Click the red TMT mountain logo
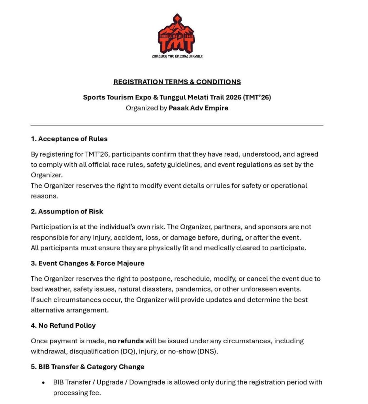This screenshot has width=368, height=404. [176, 35]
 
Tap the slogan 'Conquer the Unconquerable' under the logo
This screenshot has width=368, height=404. [177, 56]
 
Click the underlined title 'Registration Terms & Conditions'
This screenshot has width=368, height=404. [177, 82]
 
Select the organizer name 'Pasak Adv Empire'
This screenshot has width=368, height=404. [198, 108]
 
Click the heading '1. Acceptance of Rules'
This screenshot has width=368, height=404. [69, 139]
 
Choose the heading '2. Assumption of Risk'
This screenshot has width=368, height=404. [67, 211]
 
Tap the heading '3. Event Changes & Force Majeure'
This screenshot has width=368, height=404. [88, 263]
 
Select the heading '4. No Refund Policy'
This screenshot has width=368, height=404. [63, 325]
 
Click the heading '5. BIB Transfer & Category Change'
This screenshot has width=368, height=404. [88, 367]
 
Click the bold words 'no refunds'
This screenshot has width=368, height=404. [126, 341]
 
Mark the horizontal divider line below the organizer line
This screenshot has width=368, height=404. [177, 125]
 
